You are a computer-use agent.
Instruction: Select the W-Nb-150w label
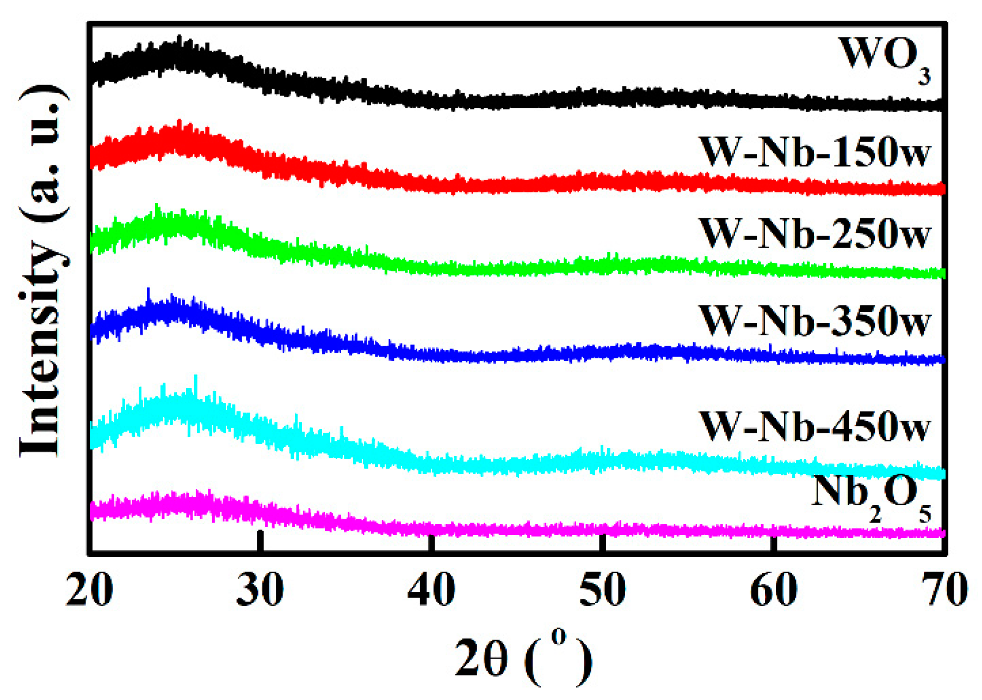814,152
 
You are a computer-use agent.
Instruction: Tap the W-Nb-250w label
814,234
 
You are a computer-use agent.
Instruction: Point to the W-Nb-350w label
814,321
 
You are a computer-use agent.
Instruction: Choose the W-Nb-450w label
814,426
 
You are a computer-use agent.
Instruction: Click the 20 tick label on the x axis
90,590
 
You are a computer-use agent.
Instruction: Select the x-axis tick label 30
260,590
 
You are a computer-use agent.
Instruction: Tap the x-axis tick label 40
431,590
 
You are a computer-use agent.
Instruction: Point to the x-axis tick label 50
602,590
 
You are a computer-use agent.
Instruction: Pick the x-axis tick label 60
773,590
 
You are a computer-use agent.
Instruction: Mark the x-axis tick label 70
944,590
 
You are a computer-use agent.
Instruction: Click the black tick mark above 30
260,542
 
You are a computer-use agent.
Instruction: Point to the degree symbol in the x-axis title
559,636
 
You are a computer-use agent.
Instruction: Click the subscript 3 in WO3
924,77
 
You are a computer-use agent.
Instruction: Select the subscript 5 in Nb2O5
925,514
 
